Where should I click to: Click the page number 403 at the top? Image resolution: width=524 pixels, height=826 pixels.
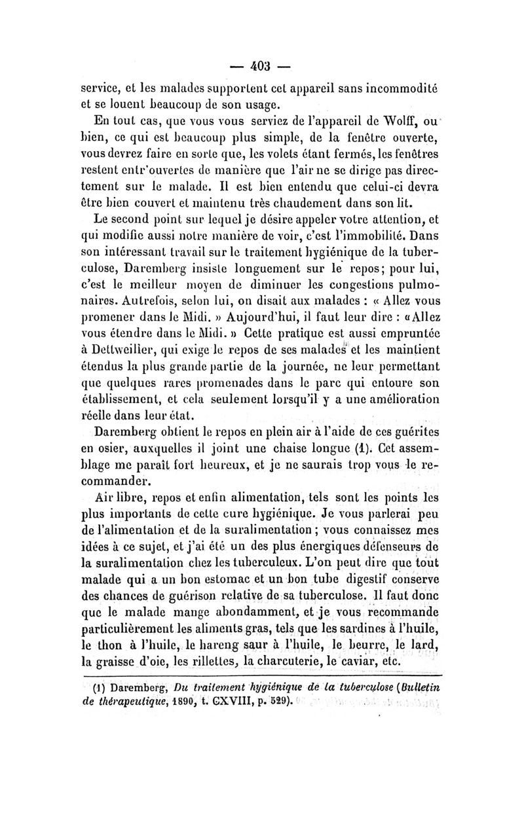coord(262,66)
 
